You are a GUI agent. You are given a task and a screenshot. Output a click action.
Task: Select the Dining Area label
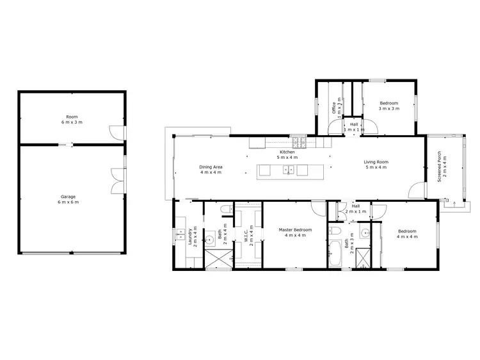coord(211,170)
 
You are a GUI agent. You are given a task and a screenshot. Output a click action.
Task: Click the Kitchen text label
coord(287,154)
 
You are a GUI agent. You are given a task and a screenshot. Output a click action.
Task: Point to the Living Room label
coord(376,165)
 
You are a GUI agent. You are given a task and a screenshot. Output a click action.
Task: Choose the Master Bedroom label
coord(295,233)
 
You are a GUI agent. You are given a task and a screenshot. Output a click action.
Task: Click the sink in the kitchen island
coord(289,170)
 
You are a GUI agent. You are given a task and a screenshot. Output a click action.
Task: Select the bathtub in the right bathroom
coord(334,254)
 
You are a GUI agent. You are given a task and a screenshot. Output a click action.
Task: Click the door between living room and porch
coord(418,190)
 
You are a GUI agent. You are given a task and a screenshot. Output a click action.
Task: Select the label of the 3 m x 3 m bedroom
coord(388,106)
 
